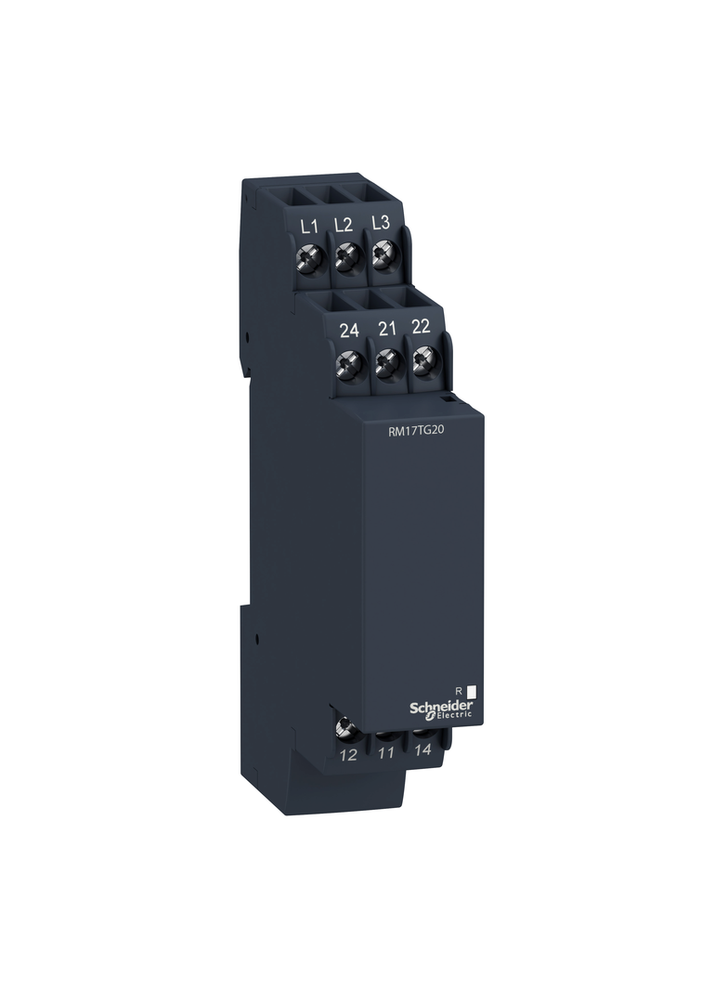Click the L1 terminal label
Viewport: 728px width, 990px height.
tap(310, 226)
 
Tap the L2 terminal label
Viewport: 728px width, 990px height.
tap(344, 224)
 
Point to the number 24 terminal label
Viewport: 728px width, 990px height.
tap(349, 330)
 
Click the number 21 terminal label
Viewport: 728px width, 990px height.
tap(388, 328)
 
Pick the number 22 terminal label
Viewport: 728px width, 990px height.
tap(422, 327)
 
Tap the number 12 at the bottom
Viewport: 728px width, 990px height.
tap(348, 755)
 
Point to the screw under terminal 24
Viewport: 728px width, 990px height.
tap(349, 363)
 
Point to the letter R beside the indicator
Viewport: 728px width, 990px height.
tap(458, 689)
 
